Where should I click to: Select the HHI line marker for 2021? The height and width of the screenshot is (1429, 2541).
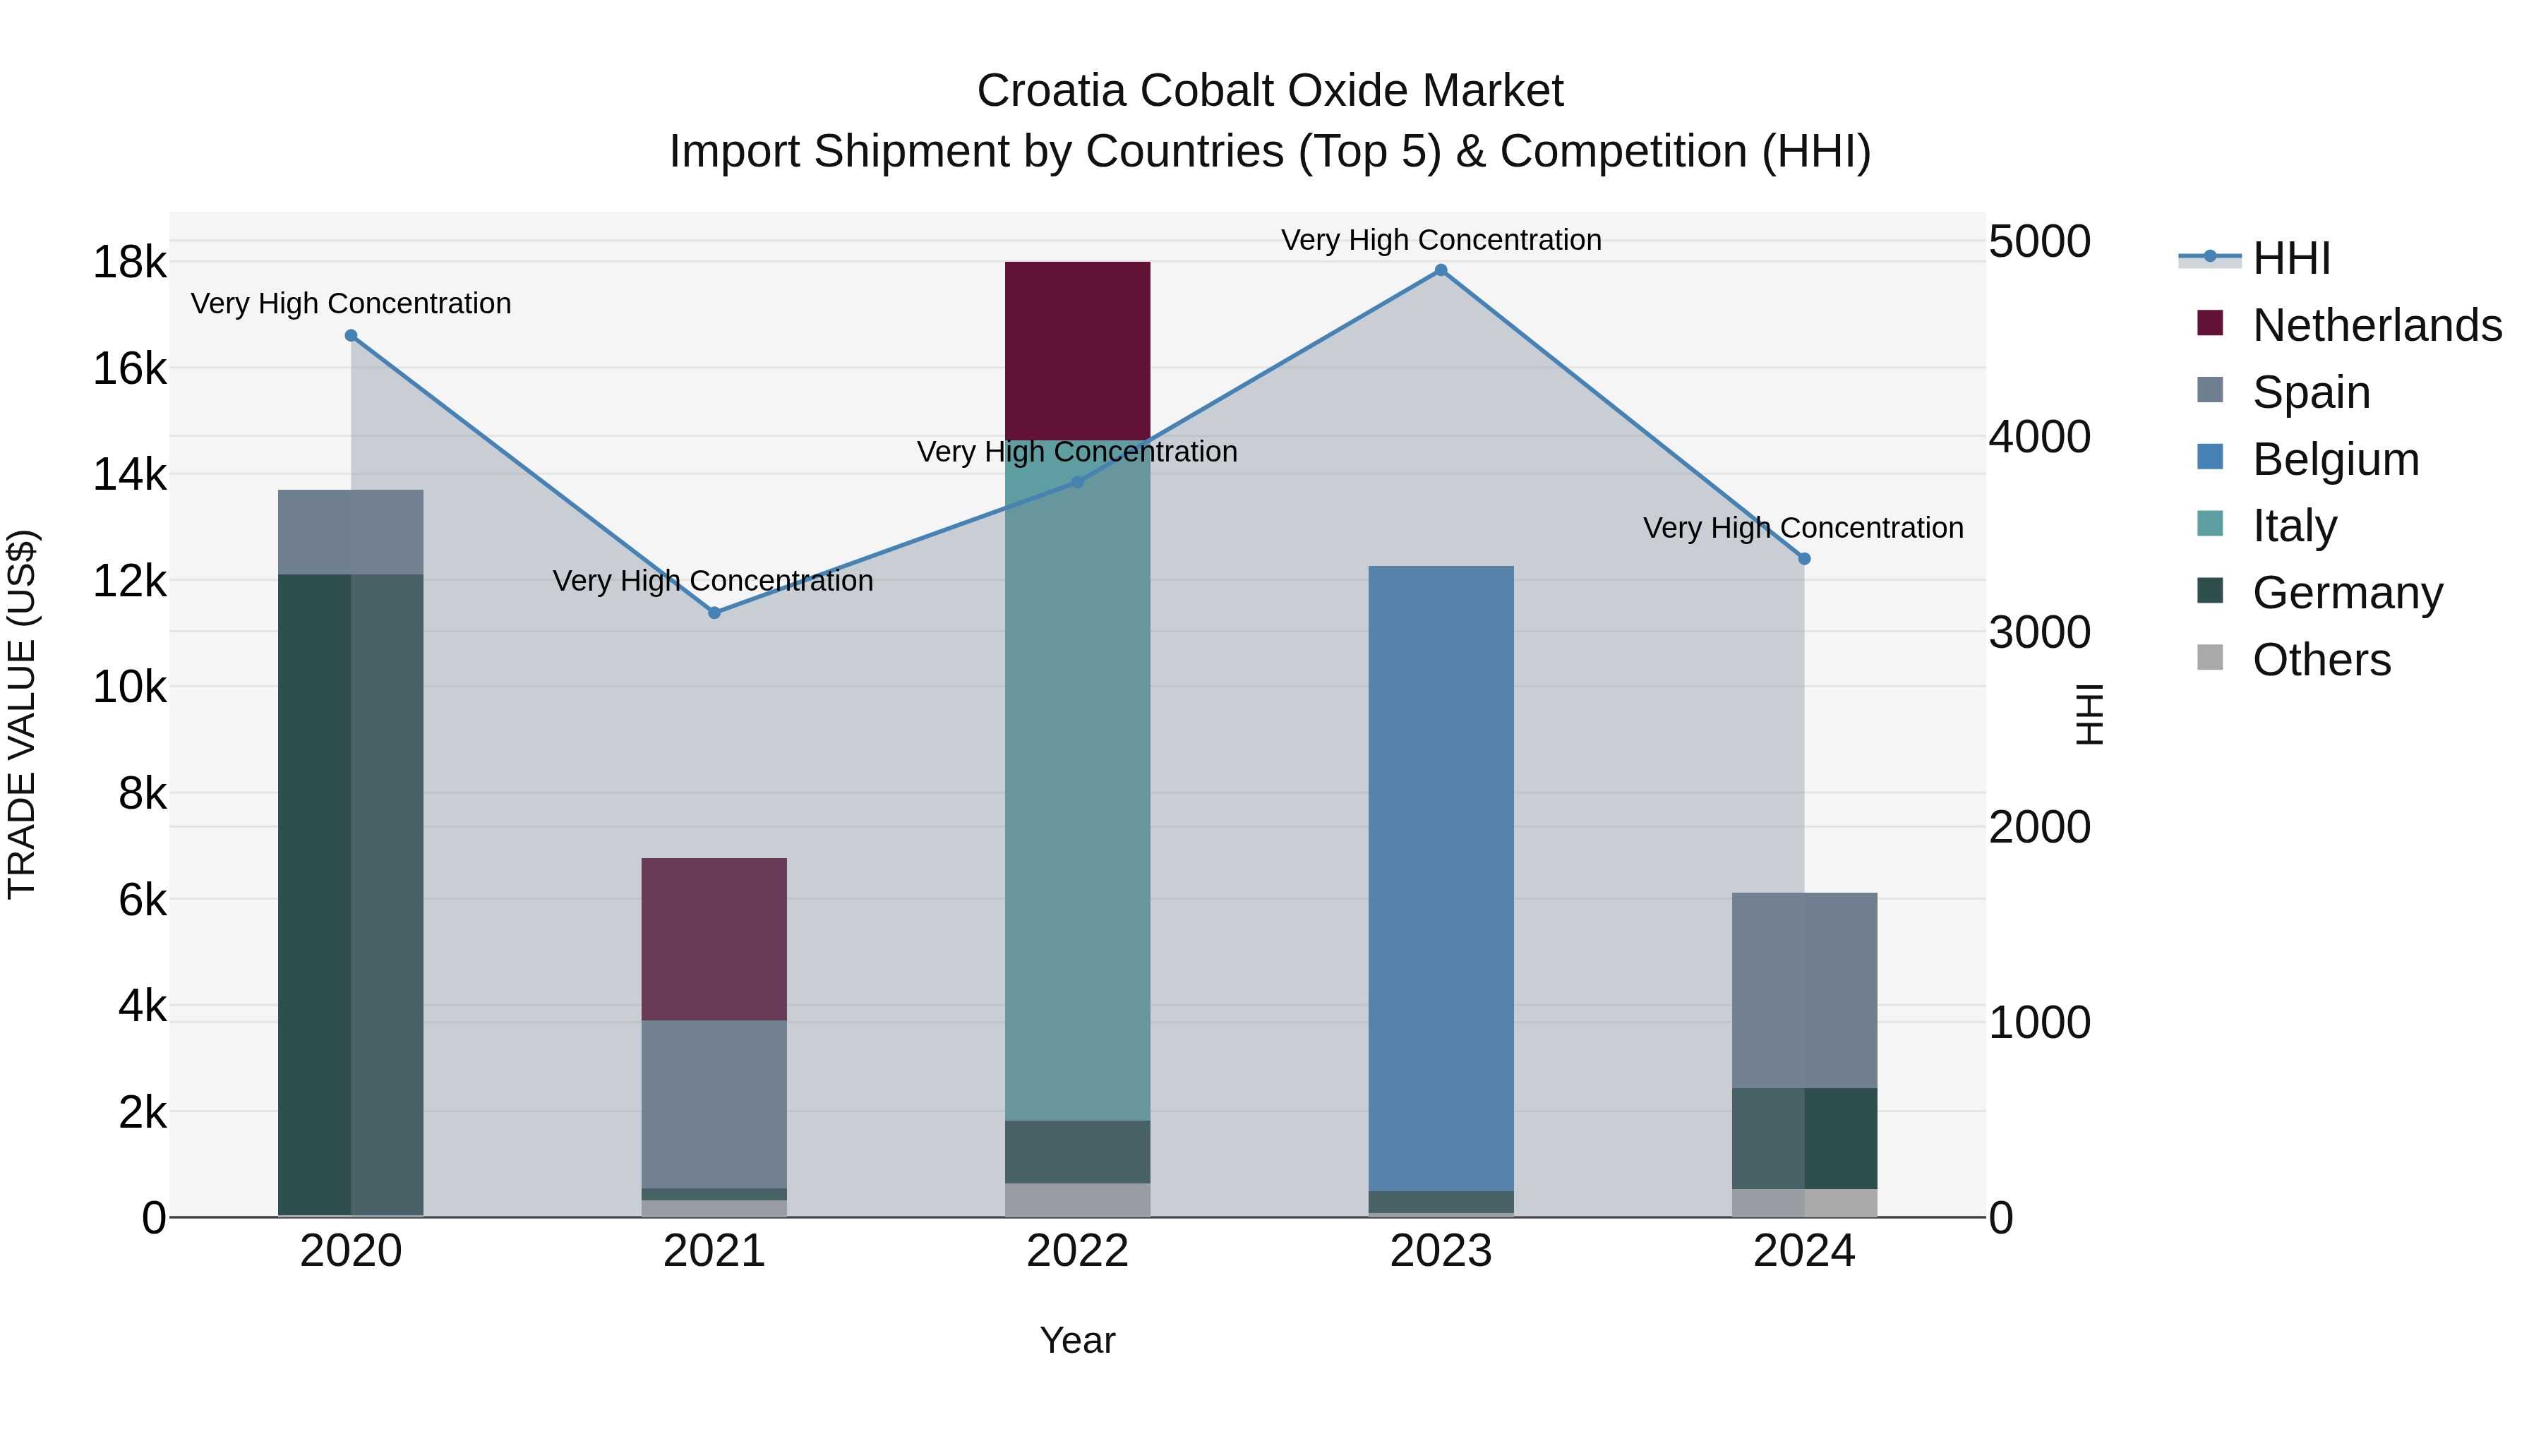click(x=714, y=613)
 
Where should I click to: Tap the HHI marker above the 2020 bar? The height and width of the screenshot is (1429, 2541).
click(x=352, y=335)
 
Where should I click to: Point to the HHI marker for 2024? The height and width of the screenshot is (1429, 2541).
click(x=1804, y=558)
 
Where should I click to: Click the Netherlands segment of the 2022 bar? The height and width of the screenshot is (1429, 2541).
click(x=1077, y=350)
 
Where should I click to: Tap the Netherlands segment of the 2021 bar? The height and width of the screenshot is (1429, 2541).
click(x=714, y=938)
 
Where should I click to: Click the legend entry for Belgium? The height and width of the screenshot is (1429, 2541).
click(x=2336, y=459)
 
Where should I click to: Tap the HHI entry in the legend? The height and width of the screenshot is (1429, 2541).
click(x=2290, y=258)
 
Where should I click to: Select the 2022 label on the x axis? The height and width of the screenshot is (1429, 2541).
click(x=1077, y=1251)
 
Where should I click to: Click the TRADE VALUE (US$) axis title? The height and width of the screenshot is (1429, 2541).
click(x=22, y=714)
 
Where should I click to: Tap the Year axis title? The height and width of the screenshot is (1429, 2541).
click(x=1077, y=1340)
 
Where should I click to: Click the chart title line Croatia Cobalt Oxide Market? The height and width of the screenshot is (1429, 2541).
click(x=1270, y=91)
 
